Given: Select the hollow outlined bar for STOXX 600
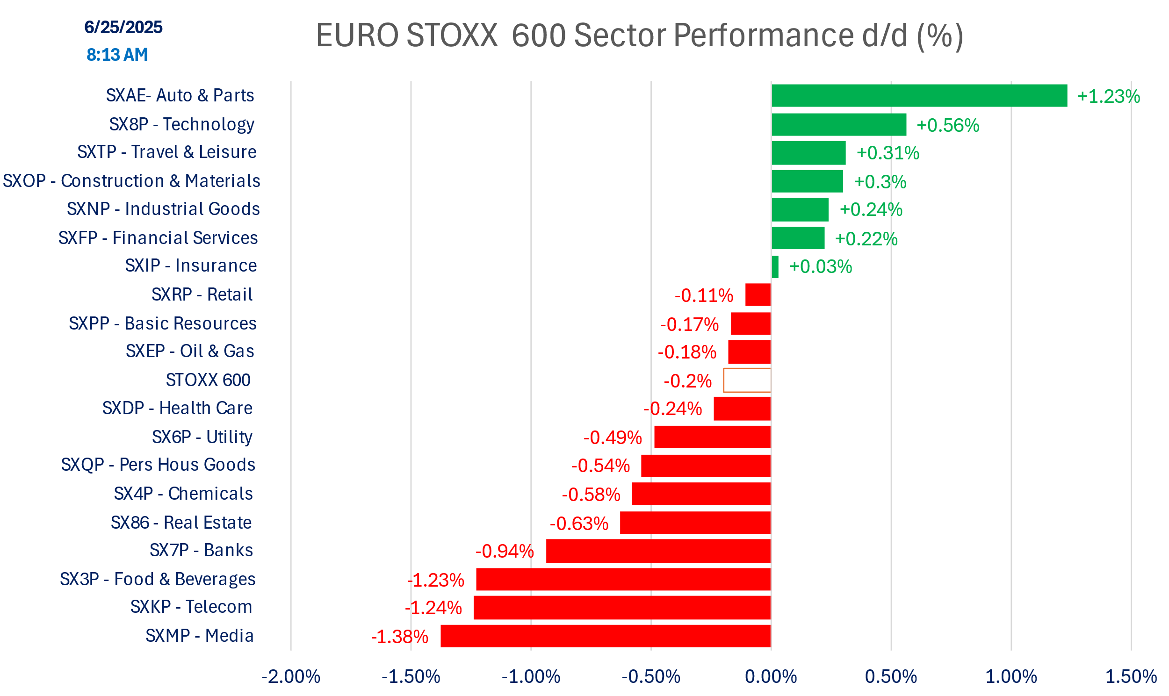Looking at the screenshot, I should (x=747, y=380).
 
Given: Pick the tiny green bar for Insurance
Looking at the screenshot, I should (x=775, y=267).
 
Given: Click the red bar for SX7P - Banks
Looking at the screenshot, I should (x=658, y=551).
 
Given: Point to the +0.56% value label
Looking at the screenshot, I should (x=947, y=125).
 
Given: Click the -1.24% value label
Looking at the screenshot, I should (x=433, y=608).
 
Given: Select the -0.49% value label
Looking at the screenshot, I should (x=612, y=438).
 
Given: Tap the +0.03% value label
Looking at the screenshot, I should (x=821, y=267).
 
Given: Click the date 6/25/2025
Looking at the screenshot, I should (x=123, y=27).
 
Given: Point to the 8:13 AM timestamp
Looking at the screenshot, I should (x=117, y=55).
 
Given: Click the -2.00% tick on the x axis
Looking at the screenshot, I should (x=291, y=677).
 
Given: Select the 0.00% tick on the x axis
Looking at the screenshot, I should (x=771, y=677).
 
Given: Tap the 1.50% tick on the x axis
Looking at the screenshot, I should (x=1131, y=677).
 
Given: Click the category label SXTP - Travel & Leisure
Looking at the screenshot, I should (x=166, y=152).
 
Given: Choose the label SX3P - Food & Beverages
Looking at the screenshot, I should (x=158, y=579).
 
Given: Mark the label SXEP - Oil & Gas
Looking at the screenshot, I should (x=190, y=352).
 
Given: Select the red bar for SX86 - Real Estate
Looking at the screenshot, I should (x=695, y=523).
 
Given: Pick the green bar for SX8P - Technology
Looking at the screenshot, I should (x=839, y=125).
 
